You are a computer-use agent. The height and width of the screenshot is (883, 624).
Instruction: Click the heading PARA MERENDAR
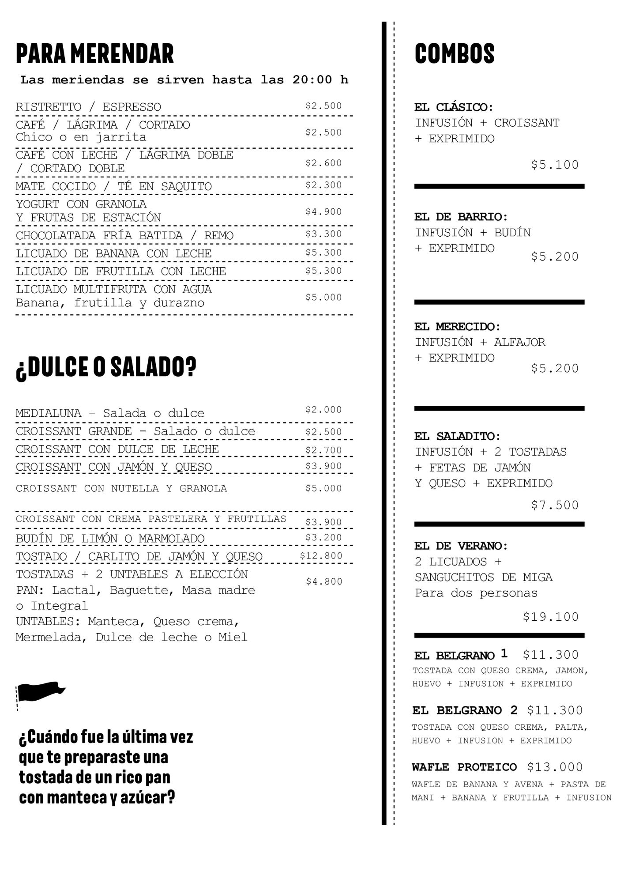(x=95, y=54)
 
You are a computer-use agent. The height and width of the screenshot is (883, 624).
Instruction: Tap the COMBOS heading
(x=455, y=54)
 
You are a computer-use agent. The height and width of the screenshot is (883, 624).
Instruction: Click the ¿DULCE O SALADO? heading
(x=106, y=367)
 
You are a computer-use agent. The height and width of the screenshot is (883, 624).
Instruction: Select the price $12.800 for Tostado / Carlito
(x=321, y=556)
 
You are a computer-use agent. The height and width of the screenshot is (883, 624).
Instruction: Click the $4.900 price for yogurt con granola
(x=323, y=212)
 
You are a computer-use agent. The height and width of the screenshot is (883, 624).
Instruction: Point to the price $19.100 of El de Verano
(x=550, y=617)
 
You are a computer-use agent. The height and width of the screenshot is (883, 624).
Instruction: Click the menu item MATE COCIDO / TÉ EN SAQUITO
(x=113, y=186)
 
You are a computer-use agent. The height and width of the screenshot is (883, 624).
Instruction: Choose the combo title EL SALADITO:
(x=457, y=437)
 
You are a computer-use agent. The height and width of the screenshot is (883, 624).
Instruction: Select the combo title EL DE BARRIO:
(x=461, y=217)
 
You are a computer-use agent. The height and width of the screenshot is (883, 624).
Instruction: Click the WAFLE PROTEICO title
(x=464, y=767)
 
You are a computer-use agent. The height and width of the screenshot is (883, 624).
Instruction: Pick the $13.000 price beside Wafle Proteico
(x=555, y=767)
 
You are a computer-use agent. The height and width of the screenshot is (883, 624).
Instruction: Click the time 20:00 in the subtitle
(x=312, y=80)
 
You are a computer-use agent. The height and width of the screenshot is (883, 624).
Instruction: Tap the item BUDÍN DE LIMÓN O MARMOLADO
(x=110, y=539)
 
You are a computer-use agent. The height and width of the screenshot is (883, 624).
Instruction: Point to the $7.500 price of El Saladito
(x=554, y=505)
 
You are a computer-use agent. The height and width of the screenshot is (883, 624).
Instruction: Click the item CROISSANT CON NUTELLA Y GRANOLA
(x=121, y=489)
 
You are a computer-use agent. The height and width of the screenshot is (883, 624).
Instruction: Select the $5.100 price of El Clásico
(x=554, y=165)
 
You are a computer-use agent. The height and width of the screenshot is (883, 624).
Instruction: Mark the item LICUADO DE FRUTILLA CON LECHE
(x=121, y=272)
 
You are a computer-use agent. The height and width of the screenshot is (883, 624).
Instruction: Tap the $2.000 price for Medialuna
(x=323, y=410)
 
